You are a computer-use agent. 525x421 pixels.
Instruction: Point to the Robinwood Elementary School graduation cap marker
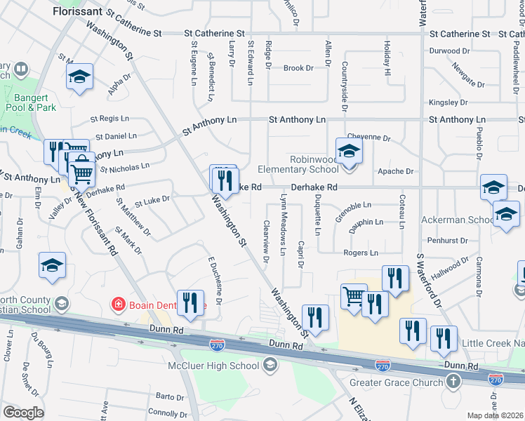click(349, 151)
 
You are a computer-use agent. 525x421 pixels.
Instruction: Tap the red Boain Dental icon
click(119, 305)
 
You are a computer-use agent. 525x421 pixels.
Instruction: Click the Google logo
click(23, 413)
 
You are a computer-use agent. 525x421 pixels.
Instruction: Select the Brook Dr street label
click(298, 68)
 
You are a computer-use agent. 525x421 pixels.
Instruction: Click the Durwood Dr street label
click(450, 51)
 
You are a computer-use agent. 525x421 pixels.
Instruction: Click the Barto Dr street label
click(170, 397)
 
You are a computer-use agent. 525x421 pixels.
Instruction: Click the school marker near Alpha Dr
click(79, 76)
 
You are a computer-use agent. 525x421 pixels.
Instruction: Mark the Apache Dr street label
click(395, 171)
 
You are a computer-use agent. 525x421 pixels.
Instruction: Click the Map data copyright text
click(496, 415)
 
